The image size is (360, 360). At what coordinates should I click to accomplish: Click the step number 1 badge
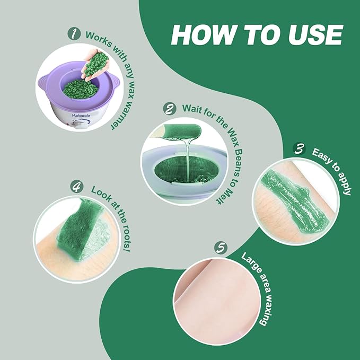(x=74, y=34)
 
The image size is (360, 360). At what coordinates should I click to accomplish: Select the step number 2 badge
(x=170, y=109)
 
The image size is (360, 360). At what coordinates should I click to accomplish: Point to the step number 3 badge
(x=300, y=149)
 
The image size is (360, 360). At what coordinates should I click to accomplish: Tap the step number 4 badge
(x=77, y=186)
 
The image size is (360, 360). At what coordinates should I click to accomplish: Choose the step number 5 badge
(x=221, y=248)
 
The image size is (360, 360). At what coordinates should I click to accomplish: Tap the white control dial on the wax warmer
(x=80, y=125)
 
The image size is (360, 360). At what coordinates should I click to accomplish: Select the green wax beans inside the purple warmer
(x=81, y=89)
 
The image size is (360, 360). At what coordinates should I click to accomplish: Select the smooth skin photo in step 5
(x=217, y=301)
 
